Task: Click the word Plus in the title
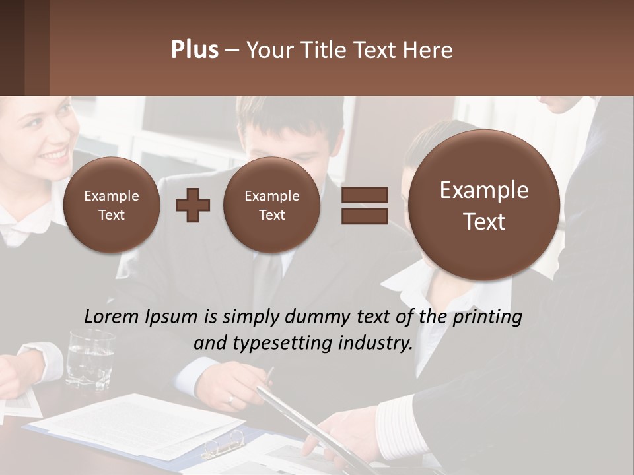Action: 194,50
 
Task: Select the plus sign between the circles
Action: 193,205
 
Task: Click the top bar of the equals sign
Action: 365,195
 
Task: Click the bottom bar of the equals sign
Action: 365,216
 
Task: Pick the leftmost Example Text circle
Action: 112,205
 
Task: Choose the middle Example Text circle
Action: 271,205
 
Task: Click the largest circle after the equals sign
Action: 484,205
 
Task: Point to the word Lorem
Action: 112,317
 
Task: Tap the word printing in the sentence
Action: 487,317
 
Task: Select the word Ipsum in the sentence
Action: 174,317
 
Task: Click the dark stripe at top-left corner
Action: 12,47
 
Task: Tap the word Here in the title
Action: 429,50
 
